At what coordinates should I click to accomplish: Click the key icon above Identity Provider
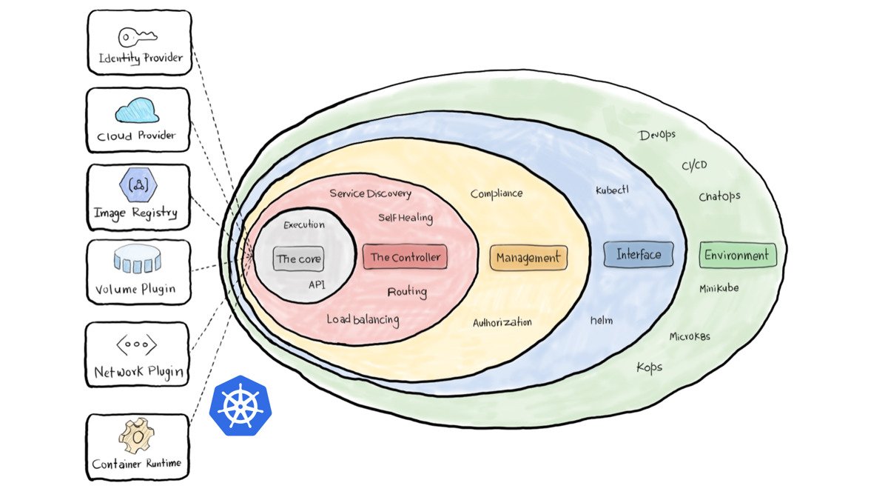[x=138, y=37]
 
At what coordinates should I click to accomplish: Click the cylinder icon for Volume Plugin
[x=138, y=260]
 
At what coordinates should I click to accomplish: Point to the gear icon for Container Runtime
[x=138, y=437]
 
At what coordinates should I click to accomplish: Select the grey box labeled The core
[x=298, y=259]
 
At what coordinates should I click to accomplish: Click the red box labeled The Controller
[x=405, y=257]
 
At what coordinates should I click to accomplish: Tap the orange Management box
[x=528, y=258]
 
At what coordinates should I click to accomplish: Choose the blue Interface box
[x=639, y=254]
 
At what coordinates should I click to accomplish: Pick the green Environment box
[x=737, y=256]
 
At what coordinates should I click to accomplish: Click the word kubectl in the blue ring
[x=612, y=190]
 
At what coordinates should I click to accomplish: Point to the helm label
[x=602, y=320]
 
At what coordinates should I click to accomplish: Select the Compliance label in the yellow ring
[x=497, y=193]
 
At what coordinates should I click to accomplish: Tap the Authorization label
[x=502, y=322]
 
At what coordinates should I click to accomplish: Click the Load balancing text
[x=363, y=320]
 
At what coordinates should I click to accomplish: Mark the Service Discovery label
[x=370, y=193]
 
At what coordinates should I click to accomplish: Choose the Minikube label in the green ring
[x=719, y=288]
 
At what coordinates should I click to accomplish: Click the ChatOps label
[x=719, y=196]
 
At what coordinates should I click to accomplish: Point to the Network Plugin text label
[x=138, y=372]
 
